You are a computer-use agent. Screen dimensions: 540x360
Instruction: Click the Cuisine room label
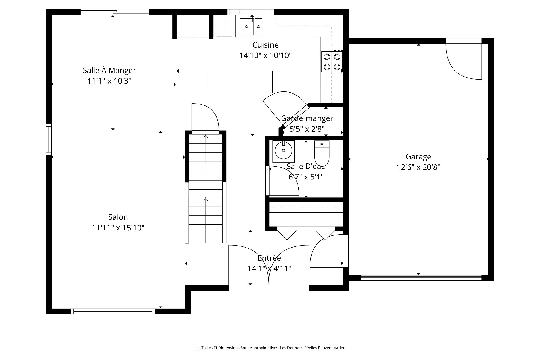pos(265,45)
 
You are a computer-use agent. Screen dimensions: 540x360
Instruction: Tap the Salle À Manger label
pos(109,70)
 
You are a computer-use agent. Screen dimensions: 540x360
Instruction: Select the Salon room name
pos(118,217)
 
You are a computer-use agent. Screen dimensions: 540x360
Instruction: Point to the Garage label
pos(418,157)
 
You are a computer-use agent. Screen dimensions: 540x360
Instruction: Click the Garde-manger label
pos(307,118)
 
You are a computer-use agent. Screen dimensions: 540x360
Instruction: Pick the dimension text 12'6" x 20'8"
pos(418,167)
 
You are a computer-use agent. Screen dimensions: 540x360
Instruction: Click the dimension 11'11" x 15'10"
pos(118,228)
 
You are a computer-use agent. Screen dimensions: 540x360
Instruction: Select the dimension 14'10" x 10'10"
pos(265,55)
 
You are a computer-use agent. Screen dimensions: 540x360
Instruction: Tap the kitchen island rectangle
pos(240,82)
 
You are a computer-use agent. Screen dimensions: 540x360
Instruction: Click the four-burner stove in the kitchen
pos(332,62)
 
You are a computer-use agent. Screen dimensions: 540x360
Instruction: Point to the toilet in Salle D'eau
pos(322,153)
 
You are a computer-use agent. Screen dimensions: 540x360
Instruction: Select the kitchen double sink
pos(251,26)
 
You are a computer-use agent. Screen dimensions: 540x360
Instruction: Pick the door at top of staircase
pos(205,117)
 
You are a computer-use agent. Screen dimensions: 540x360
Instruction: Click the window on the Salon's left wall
pos(49,139)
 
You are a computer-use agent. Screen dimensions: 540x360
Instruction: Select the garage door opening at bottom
pos(421,278)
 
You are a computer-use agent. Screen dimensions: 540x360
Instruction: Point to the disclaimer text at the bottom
pos(270,348)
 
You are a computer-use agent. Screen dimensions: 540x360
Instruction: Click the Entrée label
pos(269,258)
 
